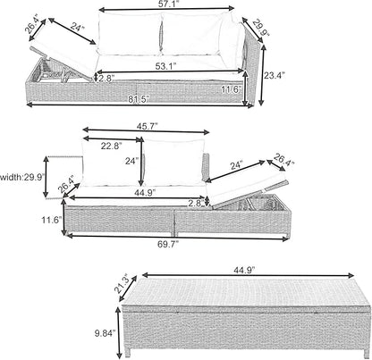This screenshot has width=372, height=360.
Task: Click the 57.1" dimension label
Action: [x=166, y=4]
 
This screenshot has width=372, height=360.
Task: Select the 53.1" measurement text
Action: [x=165, y=66]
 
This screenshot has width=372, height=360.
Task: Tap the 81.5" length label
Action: [x=139, y=99]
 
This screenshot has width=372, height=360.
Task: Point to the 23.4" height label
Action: [x=275, y=76]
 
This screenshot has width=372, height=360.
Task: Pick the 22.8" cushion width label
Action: [x=112, y=146]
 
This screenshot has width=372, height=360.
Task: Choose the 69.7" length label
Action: [x=168, y=244]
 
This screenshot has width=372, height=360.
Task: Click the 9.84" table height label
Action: [x=105, y=333]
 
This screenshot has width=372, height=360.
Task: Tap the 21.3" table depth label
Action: [x=121, y=283]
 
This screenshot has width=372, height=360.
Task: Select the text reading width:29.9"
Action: [x=22, y=178]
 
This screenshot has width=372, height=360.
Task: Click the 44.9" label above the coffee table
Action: [x=245, y=270]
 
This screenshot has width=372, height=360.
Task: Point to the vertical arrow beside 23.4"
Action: [x=262, y=75]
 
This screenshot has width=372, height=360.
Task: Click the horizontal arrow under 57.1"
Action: [x=166, y=9]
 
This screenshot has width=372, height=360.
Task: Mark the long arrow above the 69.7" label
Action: [x=178, y=237]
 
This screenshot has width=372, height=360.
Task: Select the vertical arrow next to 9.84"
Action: [x=119, y=332]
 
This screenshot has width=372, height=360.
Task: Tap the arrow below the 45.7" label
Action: [x=146, y=130]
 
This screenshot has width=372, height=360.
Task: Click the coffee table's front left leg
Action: [x=129, y=352]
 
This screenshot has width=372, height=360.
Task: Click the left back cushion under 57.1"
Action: [x=130, y=34]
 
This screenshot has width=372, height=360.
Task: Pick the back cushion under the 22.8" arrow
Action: [x=112, y=163]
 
